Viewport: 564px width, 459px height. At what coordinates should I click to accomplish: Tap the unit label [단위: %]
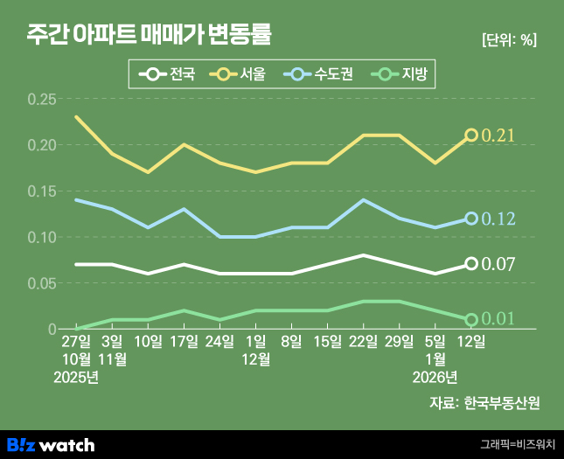point(509,39)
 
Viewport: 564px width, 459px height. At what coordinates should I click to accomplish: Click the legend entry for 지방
point(397,75)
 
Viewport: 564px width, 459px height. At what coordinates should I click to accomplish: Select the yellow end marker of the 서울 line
point(471,135)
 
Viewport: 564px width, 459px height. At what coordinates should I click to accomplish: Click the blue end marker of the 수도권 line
point(471,219)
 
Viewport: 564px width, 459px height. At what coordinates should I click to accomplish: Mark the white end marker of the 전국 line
point(471,263)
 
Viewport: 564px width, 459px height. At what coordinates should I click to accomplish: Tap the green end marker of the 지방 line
point(471,320)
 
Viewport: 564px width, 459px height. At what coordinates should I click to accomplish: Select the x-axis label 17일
point(184,341)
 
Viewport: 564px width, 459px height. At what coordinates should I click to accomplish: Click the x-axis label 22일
point(363,341)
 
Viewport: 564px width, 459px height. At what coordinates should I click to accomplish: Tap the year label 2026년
point(435,377)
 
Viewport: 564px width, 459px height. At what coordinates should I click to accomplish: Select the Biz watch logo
point(51,445)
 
